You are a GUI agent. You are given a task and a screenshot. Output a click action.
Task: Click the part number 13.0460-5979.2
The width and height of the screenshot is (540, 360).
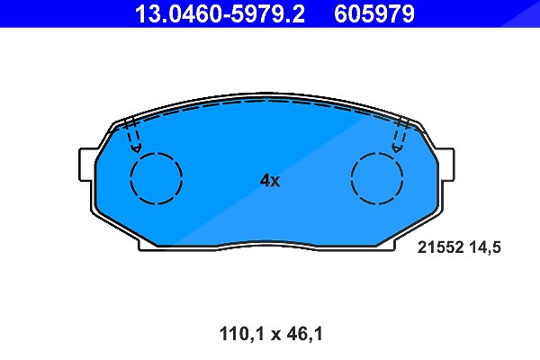[220, 13]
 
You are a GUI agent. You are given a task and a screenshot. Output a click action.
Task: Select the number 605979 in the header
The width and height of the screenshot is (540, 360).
[374, 13]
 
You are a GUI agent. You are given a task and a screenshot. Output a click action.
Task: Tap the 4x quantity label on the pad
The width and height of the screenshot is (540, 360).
[270, 180]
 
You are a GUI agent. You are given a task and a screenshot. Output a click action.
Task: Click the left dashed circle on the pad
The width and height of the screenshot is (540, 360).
[157, 178]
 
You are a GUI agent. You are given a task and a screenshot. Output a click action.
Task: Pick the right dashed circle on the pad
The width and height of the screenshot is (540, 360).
[377, 178]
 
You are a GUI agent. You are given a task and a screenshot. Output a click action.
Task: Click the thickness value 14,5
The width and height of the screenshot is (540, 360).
[485, 247]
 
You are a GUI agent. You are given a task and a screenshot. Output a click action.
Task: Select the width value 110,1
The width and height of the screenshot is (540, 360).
[241, 334]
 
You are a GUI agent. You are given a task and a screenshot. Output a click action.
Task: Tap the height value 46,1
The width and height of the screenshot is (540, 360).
[302, 334]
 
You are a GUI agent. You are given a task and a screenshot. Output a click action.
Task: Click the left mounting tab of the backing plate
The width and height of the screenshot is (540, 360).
[86, 165]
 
